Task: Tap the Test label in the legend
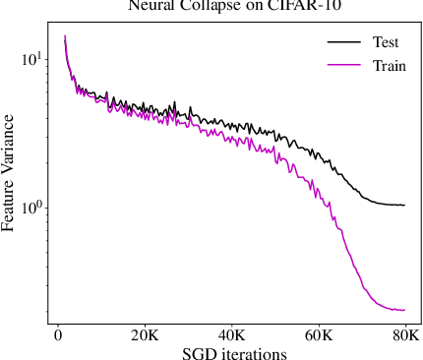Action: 386,43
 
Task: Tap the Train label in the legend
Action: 389,66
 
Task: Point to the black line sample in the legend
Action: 342,43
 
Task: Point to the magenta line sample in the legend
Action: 342,66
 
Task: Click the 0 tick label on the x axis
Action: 57,335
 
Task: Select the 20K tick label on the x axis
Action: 145,335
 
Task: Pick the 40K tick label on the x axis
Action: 231,335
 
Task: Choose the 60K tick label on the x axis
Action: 319,335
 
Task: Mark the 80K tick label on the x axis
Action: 404,335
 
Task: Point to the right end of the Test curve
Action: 404,205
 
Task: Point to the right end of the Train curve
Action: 404,310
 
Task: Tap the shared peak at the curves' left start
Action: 65,36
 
